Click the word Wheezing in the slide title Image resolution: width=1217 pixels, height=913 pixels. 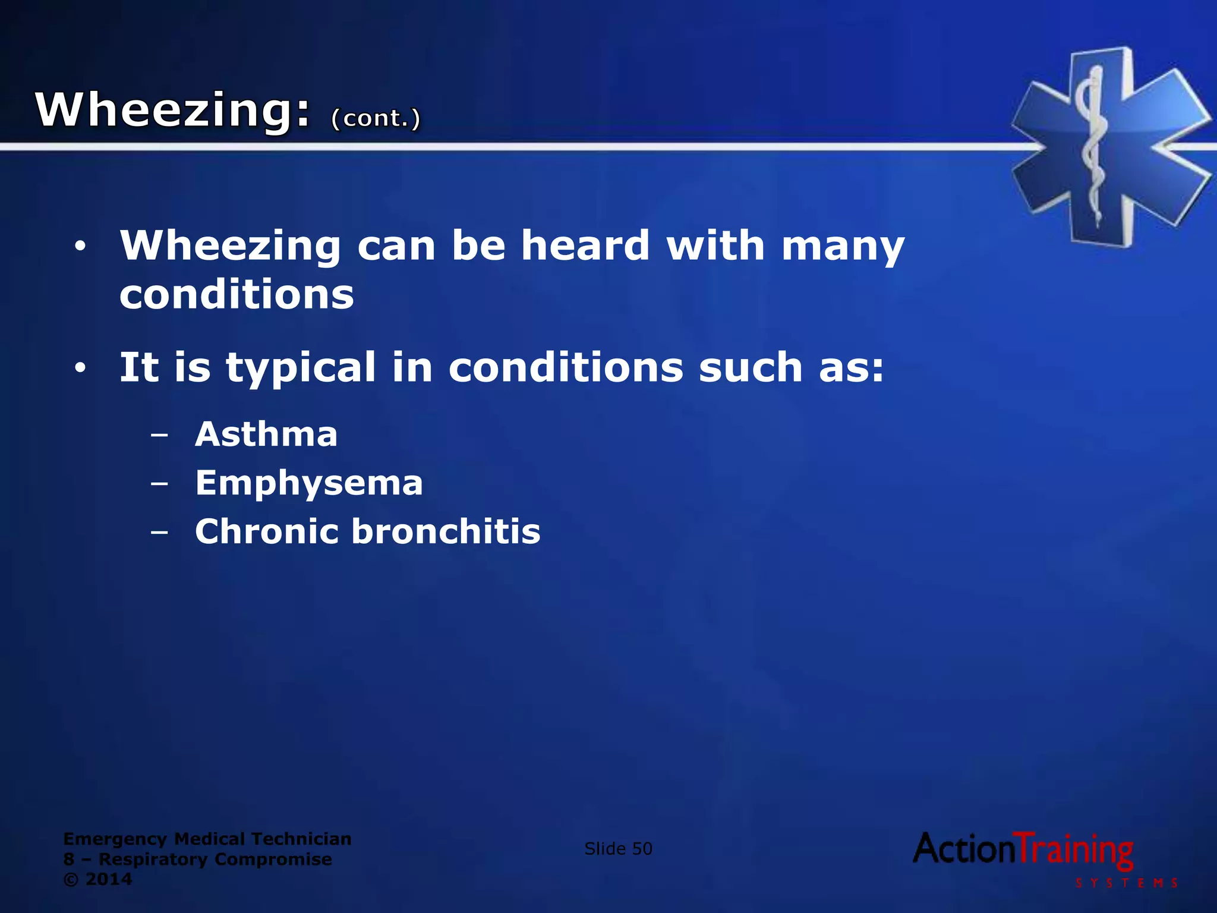pos(172,110)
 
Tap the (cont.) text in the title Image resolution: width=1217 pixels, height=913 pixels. pos(376,118)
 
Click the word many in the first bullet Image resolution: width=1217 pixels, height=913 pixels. pos(843,247)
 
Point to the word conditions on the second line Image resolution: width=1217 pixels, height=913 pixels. pos(237,295)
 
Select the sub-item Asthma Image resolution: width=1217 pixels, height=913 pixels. pos(266,434)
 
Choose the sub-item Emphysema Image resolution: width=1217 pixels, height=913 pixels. pos(309,483)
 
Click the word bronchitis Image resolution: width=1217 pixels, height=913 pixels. pos(446,531)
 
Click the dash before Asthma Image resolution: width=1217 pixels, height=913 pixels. pos(159,435)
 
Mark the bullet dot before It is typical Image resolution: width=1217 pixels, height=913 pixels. pos(80,369)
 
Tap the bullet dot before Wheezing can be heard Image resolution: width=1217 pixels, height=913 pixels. pos(80,246)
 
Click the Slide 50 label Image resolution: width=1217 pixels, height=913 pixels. pos(618,848)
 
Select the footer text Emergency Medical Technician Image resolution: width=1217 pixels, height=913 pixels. pos(207,839)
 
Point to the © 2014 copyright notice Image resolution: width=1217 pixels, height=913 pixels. pos(97,879)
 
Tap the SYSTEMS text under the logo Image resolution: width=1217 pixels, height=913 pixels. pos(1126,883)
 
